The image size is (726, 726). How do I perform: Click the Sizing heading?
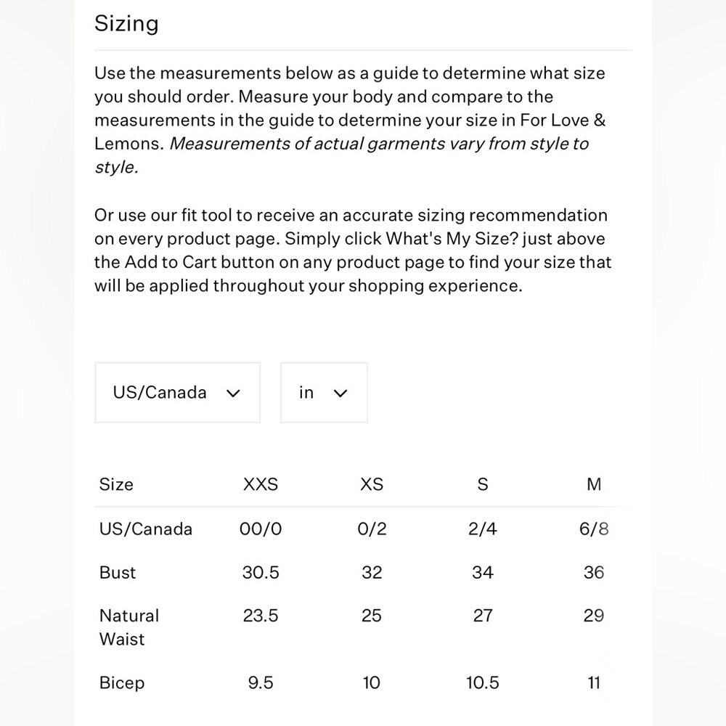(x=126, y=24)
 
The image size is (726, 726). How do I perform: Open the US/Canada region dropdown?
(x=177, y=393)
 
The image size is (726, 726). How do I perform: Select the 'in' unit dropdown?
(x=323, y=393)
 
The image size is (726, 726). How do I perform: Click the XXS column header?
(x=260, y=484)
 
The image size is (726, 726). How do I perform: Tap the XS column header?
(x=372, y=484)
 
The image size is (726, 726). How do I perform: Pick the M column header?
(x=594, y=484)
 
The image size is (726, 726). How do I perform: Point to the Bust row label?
(x=118, y=573)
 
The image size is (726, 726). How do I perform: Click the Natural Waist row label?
(x=129, y=627)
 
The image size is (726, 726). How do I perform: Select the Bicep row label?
(x=122, y=683)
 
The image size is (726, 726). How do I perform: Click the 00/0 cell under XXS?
(x=260, y=529)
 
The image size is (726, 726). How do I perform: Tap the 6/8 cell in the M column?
(x=594, y=529)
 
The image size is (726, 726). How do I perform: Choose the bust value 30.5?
(x=260, y=573)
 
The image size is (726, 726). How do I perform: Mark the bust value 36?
(x=594, y=573)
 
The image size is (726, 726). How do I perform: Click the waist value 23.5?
(x=260, y=616)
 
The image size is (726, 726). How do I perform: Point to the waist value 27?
(x=483, y=616)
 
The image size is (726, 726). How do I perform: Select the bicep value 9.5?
(x=260, y=683)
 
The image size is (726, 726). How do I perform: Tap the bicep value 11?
(x=594, y=683)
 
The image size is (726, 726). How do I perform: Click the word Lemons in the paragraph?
(x=128, y=144)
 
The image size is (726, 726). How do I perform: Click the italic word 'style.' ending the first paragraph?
(x=115, y=167)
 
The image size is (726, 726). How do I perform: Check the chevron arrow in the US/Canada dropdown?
(x=233, y=393)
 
